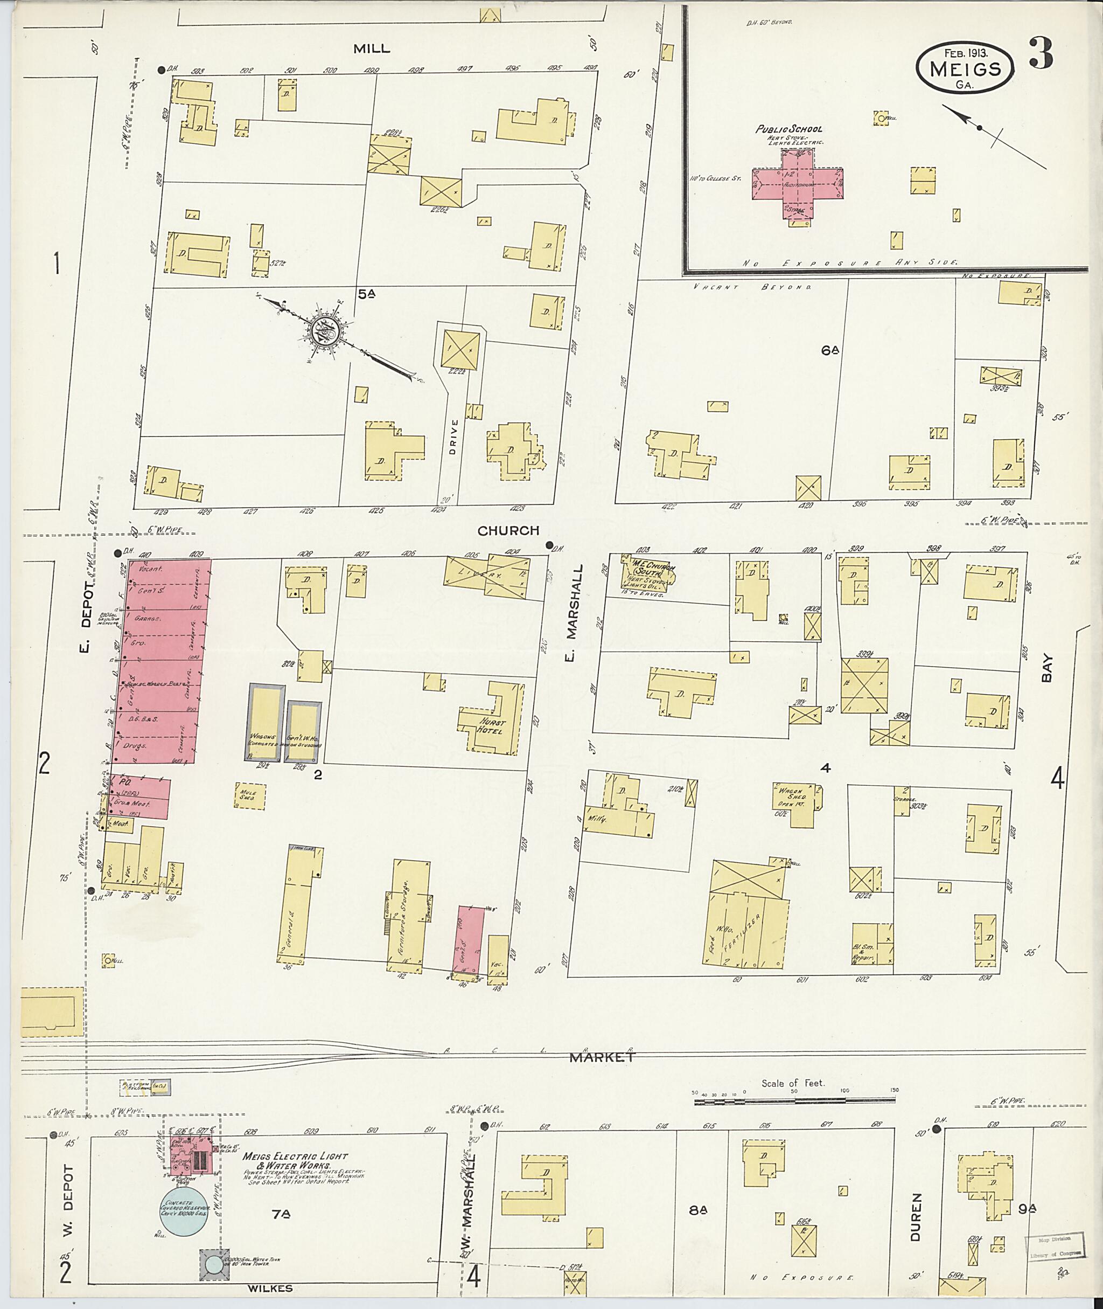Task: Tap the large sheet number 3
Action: (x=1041, y=55)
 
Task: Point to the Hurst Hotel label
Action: (x=492, y=726)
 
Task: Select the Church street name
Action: (x=508, y=531)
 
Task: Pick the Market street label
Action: (x=602, y=1057)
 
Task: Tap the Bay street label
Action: (x=1048, y=668)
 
